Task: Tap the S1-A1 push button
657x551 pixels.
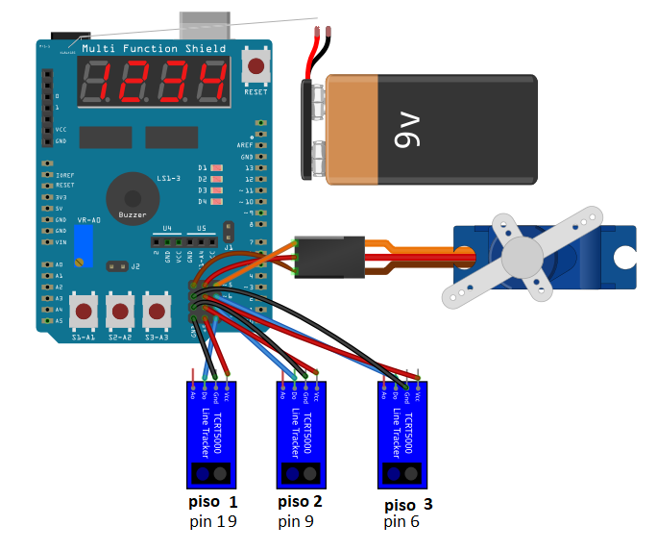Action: pos(85,312)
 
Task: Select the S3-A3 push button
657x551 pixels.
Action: pos(156,312)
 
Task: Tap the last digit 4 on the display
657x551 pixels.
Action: pos(211,83)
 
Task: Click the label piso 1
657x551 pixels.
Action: pos(212,503)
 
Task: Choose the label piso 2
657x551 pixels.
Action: pos(300,502)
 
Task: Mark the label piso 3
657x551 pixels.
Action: pos(408,505)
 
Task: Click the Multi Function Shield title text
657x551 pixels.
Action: pos(154,48)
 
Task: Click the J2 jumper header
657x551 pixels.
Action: pos(118,265)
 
